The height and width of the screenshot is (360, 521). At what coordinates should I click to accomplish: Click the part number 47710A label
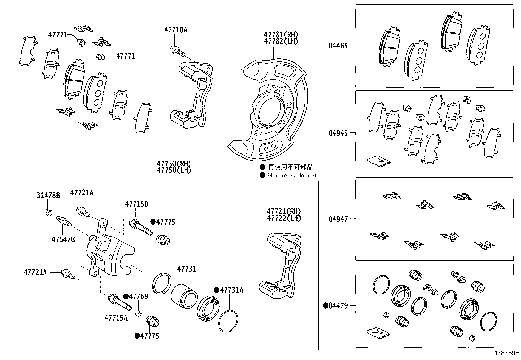click(176, 30)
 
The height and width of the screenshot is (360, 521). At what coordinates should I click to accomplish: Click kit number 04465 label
click(338, 46)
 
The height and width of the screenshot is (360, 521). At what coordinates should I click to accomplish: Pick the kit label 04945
click(338, 133)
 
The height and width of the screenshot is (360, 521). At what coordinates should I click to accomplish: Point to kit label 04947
click(338, 219)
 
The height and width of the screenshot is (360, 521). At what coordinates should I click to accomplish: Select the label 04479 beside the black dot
click(338, 306)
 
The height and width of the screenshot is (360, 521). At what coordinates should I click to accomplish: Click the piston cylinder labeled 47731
click(184, 294)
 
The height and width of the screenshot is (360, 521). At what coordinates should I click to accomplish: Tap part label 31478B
click(48, 196)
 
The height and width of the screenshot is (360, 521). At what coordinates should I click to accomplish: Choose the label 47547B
click(63, 239)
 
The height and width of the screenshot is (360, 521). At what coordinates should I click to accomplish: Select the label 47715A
click(116, 317)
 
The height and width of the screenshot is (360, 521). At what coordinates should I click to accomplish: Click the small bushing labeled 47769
click(138, 313)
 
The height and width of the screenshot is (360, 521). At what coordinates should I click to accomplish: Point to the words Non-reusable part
click(292, 175)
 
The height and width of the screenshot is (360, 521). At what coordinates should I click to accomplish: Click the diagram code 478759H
click(507, 353)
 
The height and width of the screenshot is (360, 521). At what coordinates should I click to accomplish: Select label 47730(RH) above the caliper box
click(173, 164)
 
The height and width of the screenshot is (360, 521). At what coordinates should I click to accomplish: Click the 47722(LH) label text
click(284, 218)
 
